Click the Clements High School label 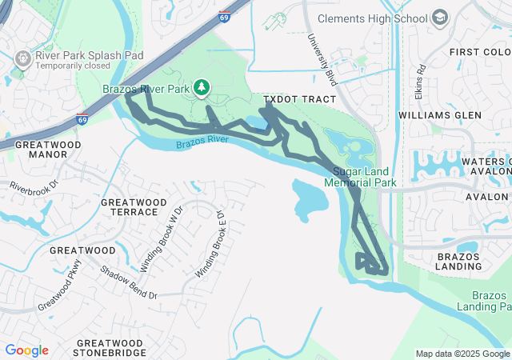point(373,18)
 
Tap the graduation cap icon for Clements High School point(439,17)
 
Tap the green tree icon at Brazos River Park point(203,86)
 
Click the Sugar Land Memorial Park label point(360,178)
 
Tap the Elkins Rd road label point(421,78)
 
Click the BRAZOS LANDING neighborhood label point(458,262)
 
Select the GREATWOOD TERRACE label point(130,207)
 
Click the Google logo point(26,350)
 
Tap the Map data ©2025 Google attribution point(462,354)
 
